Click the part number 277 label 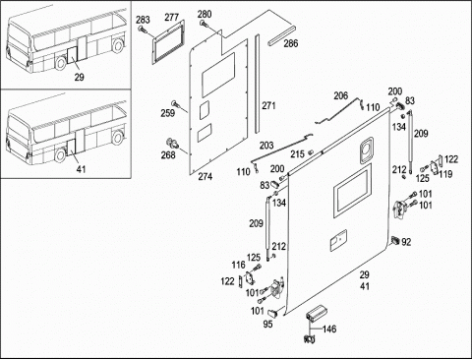coord(171,17)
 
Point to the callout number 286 coord(291,43)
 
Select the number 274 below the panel coord(206,177)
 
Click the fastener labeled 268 coord(172,143)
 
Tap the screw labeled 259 coord(176,103)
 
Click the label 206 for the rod coord(341,95)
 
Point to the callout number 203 coord(266,146)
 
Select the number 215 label coord(297,154)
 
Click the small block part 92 coord(395,240)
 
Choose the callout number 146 coord(329,329)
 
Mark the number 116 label coord(238,265)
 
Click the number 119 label coord(445,174)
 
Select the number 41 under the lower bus coord(81,169)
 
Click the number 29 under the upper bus coord(79,78)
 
